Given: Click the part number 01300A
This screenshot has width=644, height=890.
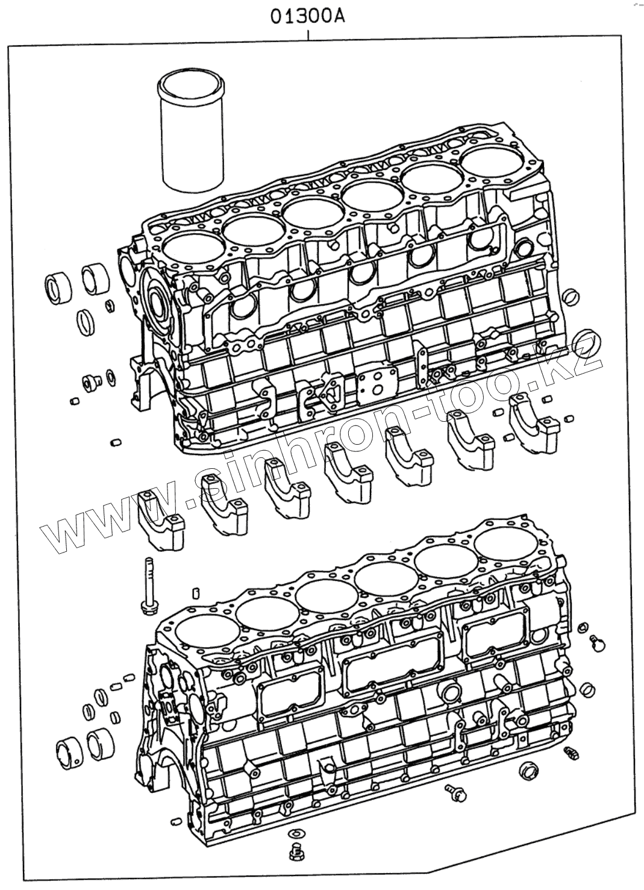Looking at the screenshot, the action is tap(307, 17).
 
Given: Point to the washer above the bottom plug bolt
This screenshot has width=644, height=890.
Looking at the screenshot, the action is tap(295, 834).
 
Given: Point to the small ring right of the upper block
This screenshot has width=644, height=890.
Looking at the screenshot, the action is tap(572, 296).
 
